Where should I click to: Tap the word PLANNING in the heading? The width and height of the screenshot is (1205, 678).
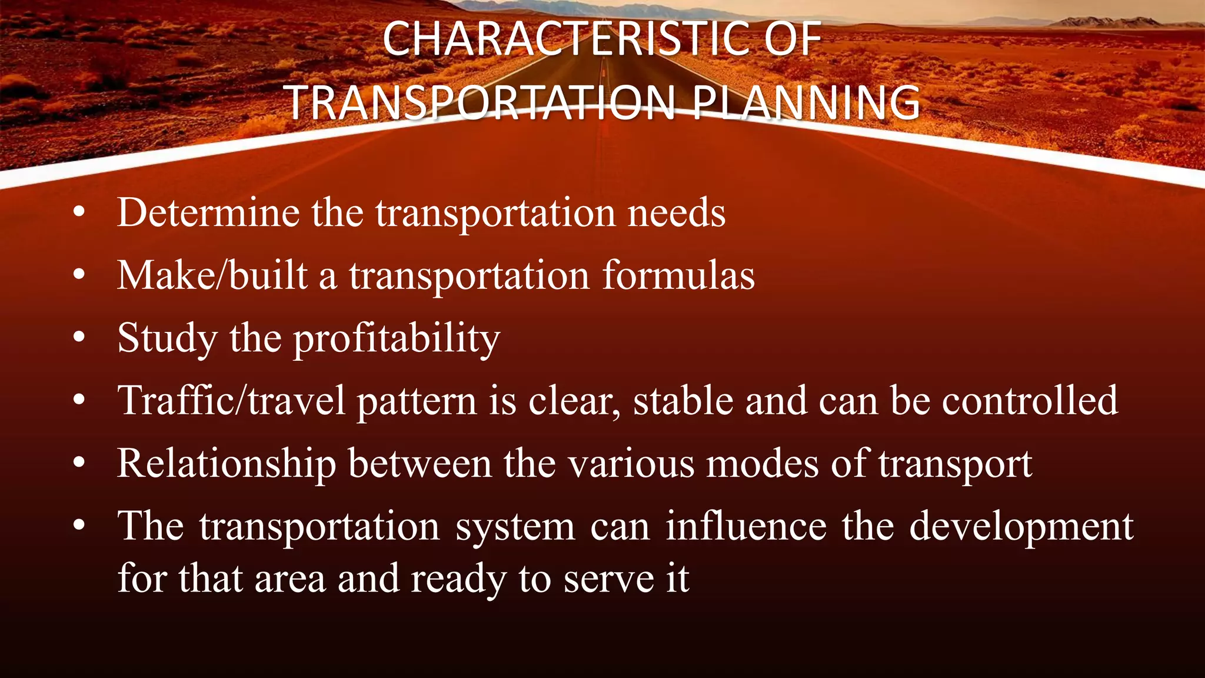(805, 103)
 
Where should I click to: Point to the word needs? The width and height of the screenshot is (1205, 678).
(677, 212)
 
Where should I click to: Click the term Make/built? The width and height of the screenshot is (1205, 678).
(212, 275)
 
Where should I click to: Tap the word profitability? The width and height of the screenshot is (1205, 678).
(397, 340)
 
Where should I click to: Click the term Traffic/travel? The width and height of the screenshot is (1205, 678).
(231, 401)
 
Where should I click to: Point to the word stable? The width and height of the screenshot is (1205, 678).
(683, 401)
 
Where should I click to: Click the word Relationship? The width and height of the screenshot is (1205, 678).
(227, 464)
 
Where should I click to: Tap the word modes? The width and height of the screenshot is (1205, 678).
(762, 464)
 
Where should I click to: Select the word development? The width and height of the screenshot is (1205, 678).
(1021, 527)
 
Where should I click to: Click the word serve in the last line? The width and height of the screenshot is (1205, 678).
(608, 579)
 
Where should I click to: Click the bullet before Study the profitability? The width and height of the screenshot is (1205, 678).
(79, 338)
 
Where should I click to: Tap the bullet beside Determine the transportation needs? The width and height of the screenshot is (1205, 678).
(79, 212)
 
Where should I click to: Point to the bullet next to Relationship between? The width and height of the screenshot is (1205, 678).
(79, 463)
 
